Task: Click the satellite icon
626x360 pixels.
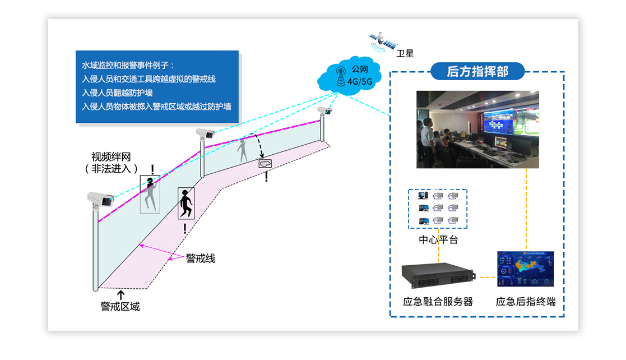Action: tap(383, 40)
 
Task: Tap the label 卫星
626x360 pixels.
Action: tap(405, 54)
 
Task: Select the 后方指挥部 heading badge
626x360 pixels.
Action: tap(477, 71)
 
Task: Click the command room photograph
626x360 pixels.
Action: tap(477, 130)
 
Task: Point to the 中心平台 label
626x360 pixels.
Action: tap(438, 239)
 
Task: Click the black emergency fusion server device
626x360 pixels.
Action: tap(438, 275)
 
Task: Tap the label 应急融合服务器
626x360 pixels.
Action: tap(438, 302)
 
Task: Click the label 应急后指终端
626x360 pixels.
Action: tap(526, 302)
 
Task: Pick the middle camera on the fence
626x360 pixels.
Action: tap(205, 133)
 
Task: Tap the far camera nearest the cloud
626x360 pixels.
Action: tap(324, 110)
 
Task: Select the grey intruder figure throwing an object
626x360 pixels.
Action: tap(243, 150)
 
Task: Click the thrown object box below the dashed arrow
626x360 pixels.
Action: tap(266, 163)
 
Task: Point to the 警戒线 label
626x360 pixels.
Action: tap(201, 259)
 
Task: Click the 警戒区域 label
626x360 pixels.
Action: tap(120, 306)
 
